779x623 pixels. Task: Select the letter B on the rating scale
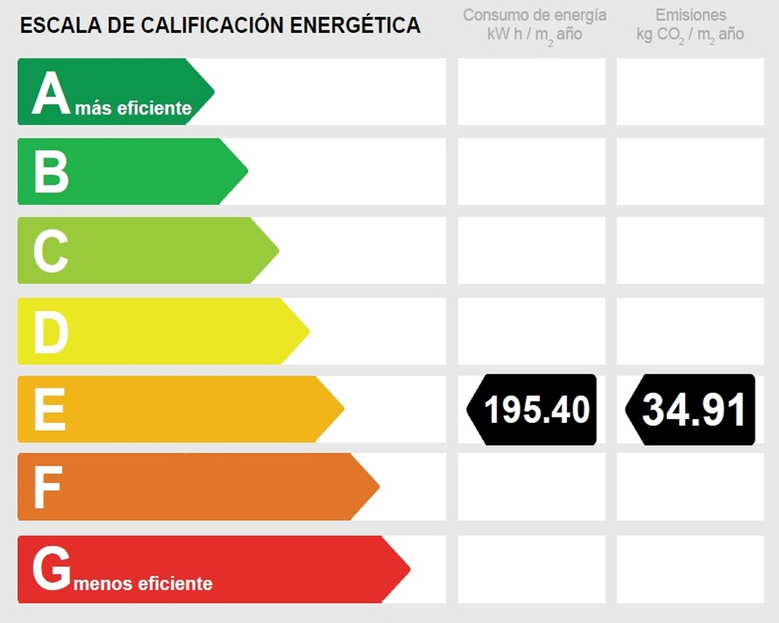click(x=51, y=172)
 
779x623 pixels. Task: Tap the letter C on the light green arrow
click(x=51, y=251)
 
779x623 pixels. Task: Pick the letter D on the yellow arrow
click(x=51, y=331)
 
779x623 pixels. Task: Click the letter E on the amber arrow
click(x=49, y=410)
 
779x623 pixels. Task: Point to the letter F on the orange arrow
click(x=48, y=487)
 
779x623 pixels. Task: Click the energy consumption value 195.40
click(x=537, y=410)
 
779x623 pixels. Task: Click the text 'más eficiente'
click(x=133, y=109)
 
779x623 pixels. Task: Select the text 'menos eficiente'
click(x=143, y=583)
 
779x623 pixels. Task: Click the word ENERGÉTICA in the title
click(x=355, y=26)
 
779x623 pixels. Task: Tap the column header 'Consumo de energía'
click(x=534, y=15)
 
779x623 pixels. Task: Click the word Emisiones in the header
click(x=690, y=15)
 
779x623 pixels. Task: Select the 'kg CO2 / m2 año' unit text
click(x=690, y=35)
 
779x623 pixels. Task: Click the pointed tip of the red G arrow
click(x=408, y=569)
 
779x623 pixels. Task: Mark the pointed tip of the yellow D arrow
click(x=308, y=331)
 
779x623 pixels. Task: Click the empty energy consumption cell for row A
click(x=531, y=92)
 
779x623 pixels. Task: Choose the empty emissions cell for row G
click(x=690, y=569)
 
